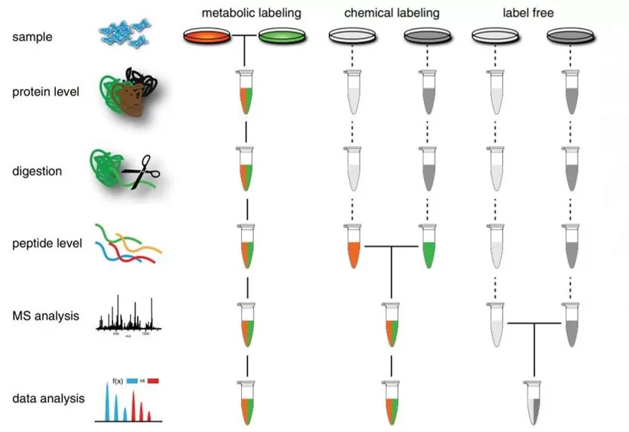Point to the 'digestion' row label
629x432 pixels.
(37, 172)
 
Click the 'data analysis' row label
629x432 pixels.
(47, 398)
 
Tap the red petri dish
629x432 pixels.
(207, 36)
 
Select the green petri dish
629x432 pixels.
(282, 36)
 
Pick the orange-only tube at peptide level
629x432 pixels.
(353, 247)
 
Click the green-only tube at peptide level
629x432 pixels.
(428, 247)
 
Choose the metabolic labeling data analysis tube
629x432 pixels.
(246, 401)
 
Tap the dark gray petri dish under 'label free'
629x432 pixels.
(572, 36)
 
